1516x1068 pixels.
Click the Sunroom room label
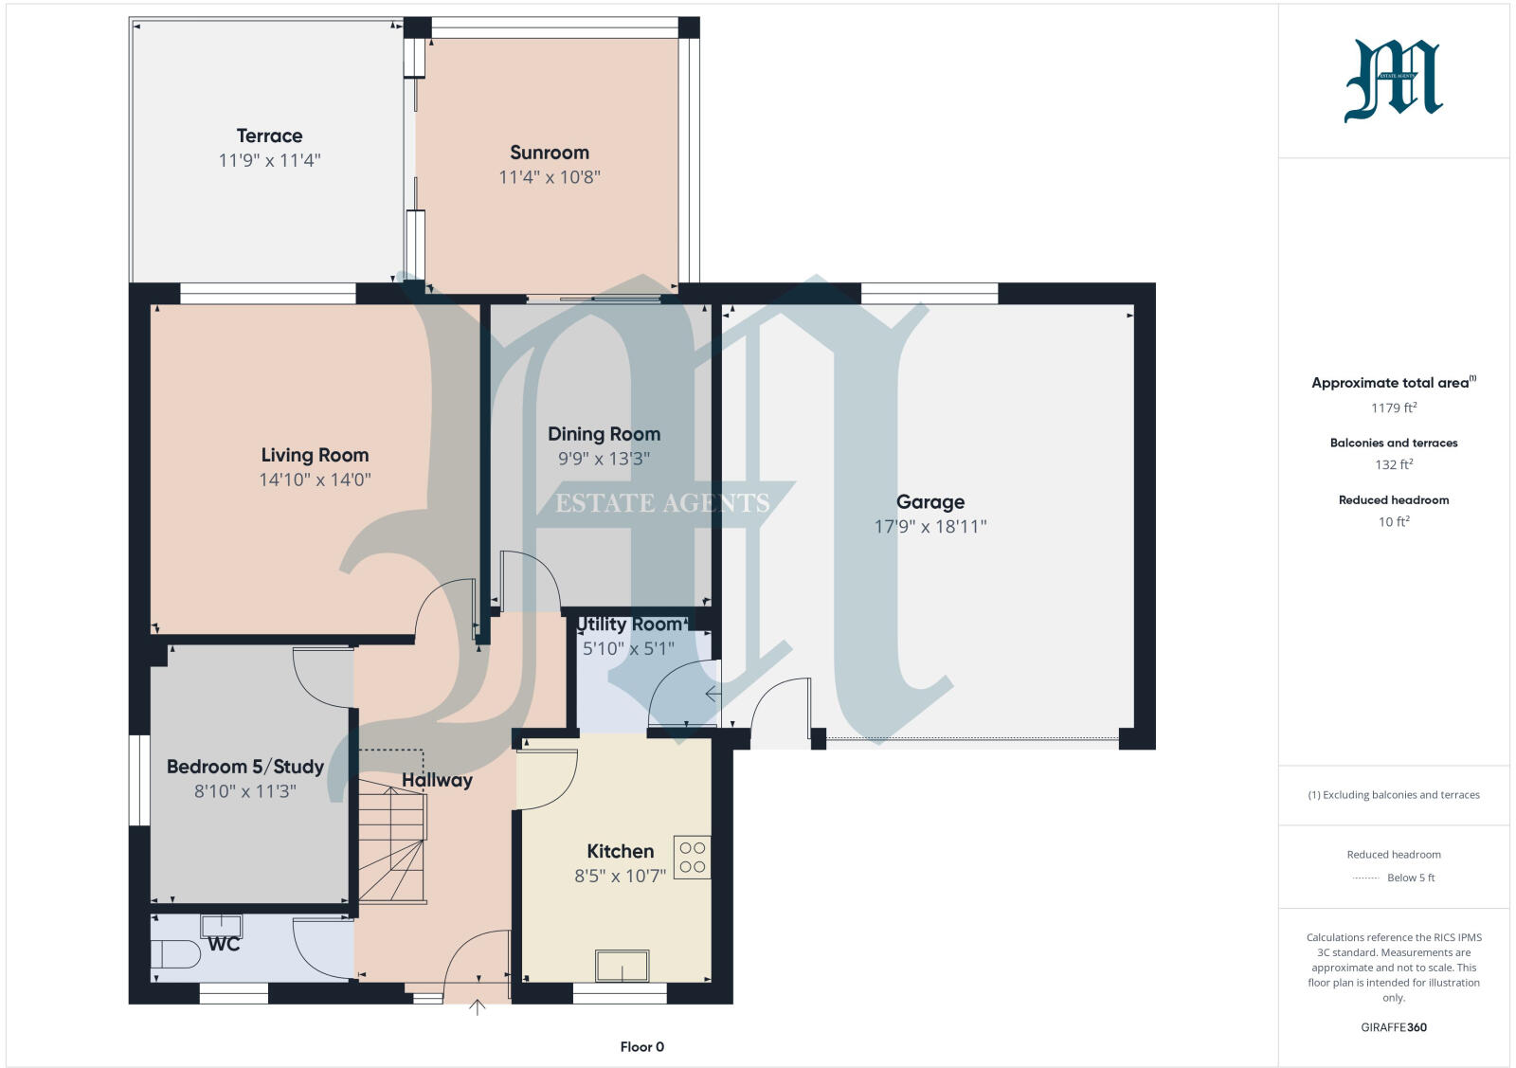coord(549,153)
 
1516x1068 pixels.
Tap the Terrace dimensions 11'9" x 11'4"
coord(269,160)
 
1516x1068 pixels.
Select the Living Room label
coord(315,455)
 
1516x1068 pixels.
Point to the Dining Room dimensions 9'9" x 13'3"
coord(604,459)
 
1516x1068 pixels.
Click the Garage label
coord(929,502)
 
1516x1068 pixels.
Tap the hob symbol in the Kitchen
coord(692,858)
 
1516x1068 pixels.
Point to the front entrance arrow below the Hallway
coord(478,1007)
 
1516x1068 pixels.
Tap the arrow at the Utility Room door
coord(713,695)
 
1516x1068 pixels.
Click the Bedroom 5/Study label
coord(244,767)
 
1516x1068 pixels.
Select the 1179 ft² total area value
coord(1393,407)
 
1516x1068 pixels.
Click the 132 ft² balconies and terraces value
coord(1393,464)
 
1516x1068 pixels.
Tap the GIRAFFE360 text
coord(1393,1027)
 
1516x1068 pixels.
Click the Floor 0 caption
coord(641,1047)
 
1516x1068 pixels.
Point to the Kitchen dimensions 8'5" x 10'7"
coord(620,877)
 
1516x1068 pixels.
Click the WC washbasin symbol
coord(222,925)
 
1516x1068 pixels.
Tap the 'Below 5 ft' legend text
coord(1410,878)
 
